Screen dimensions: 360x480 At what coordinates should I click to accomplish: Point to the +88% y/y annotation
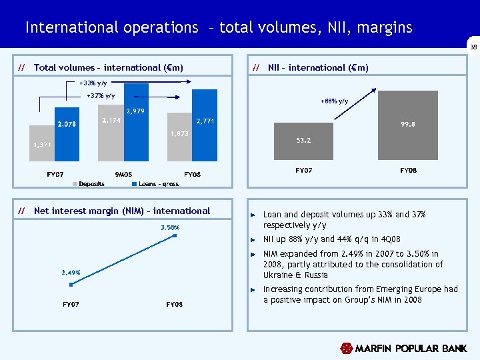tap(334, 101)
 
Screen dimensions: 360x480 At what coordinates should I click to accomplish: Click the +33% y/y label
tap(93, 83)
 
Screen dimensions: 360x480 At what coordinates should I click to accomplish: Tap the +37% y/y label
tap(101, 96)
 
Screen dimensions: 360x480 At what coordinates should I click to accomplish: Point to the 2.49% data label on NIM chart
tap(71, 272)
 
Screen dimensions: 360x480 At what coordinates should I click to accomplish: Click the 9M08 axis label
tap(123, 175)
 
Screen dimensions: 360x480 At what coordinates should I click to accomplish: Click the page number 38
tap(473, 47)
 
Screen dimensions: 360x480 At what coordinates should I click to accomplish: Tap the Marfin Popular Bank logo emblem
tap(346, 348)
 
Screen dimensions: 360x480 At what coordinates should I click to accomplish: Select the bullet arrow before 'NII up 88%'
tap(253, 239)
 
